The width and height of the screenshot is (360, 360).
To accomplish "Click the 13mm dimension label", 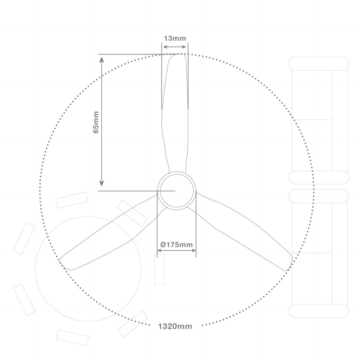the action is tap(175, 38).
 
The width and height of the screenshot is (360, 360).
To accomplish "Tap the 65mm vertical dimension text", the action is tap(96, 122).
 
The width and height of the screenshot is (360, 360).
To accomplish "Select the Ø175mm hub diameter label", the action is tap(176, 245).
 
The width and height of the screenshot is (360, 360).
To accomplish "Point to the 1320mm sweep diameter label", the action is tap(175, 326).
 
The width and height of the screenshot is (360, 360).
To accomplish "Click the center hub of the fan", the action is tap(176, 191).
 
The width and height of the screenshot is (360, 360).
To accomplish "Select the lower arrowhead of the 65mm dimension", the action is tap(102, 183).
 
